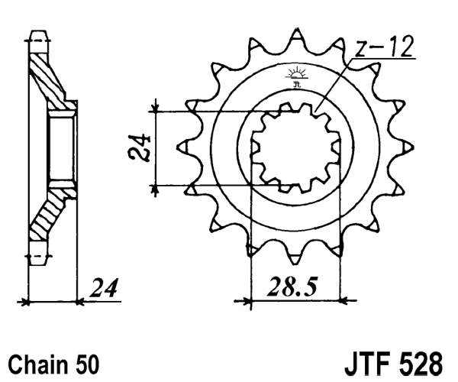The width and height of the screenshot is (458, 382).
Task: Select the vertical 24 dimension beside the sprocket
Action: coord(139,148)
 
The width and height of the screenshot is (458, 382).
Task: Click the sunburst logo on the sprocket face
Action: coord(297,76)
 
